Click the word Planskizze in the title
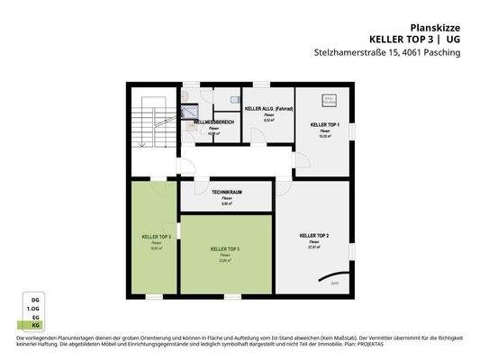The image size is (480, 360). click(x=437, y=28)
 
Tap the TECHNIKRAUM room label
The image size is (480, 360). click(x=227, y=193)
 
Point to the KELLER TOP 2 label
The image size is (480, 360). click(x=314, y=235)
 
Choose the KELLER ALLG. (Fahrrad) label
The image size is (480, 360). click(x=269, y=108)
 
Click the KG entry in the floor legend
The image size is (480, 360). click(x=36, y=326)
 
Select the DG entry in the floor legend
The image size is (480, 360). click(x=36, y=298)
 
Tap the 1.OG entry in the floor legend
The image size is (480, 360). click(x=36, y=307)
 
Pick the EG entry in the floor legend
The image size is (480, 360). click(x=36, y=317)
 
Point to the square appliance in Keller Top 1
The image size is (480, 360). click(x=330, y=99)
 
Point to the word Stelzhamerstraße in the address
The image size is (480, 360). click(x=345, y=52)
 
